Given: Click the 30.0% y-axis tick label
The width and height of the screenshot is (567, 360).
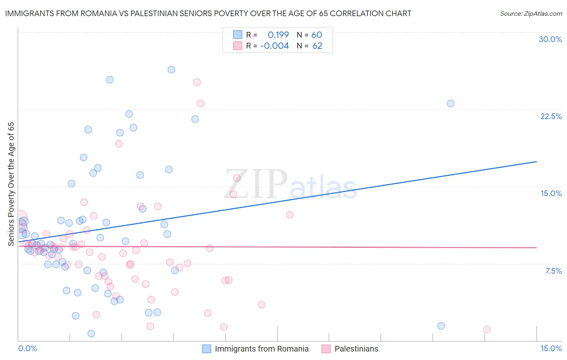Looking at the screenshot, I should pos(550,39).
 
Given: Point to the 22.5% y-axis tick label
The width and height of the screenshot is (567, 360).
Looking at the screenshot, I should pos(551,116).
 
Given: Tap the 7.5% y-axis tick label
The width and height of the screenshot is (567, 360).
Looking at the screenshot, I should pos(553,271).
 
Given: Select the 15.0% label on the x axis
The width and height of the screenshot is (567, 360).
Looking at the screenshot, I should pos(551,349).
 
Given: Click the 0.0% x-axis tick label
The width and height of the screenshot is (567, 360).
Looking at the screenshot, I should pos(27,349).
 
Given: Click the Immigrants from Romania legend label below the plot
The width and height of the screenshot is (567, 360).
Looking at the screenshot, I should pos(262,349).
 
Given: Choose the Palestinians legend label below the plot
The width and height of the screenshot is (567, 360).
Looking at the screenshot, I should pos(356,349).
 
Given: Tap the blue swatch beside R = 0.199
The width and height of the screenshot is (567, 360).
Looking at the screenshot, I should pos(238,35).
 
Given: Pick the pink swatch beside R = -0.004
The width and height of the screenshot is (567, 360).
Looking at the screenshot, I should pos(238,46).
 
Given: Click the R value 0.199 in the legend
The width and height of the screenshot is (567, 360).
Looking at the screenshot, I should pos(278,35).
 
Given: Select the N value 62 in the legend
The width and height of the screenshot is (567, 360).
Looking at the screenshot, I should pos(317,46).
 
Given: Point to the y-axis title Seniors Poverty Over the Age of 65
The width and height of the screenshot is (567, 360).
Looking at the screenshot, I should pos(11,184).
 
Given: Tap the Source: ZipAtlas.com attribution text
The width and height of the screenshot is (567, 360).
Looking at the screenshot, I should pos(531,13).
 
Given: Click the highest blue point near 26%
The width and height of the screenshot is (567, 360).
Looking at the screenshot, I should pos(171,69).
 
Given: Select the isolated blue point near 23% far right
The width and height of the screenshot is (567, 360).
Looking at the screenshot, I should pos(450,103).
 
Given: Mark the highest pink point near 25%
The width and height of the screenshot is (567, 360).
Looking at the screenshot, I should pos(197,82).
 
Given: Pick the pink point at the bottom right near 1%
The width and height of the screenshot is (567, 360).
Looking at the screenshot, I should pos(487,329).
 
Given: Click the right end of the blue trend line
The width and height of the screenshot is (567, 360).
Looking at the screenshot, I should pos(536,161).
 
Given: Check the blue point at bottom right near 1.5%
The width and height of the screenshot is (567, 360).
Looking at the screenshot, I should pos(441,326).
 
